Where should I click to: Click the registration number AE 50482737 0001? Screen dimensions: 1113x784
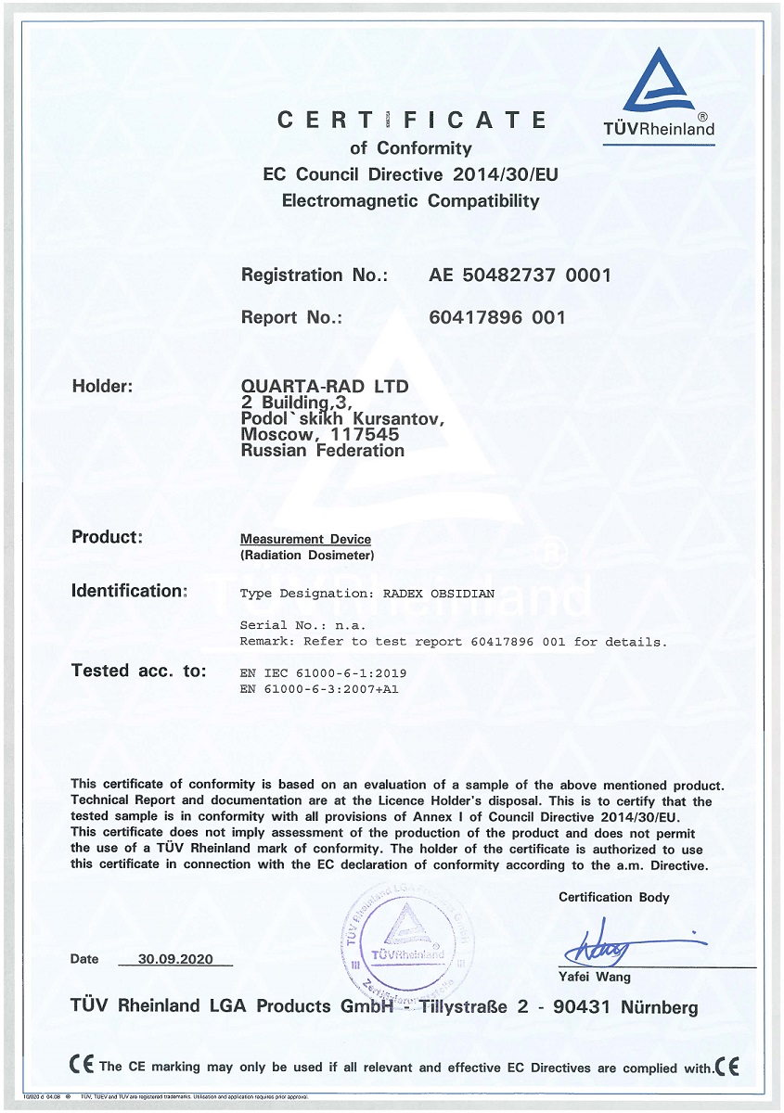(520, 275)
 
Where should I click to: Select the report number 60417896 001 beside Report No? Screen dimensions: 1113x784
(497, 317)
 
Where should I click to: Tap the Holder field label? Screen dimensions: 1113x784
(103, 385)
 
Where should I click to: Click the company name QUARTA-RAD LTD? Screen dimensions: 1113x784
(324, 385)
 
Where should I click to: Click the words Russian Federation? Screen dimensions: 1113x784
(322, 450)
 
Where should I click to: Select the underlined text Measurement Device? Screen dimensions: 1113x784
(305, 539)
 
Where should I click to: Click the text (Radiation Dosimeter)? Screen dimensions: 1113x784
(307, 556)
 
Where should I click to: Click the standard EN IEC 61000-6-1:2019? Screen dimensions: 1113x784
(323, 672)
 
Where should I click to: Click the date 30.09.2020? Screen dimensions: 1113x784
(175, 959)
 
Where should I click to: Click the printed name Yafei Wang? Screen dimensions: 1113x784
(594, 977)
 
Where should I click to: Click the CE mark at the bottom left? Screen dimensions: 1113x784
(82, 1066)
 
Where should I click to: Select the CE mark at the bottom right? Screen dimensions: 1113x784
(727, 1067)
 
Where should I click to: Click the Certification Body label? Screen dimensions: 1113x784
(613, 897)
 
